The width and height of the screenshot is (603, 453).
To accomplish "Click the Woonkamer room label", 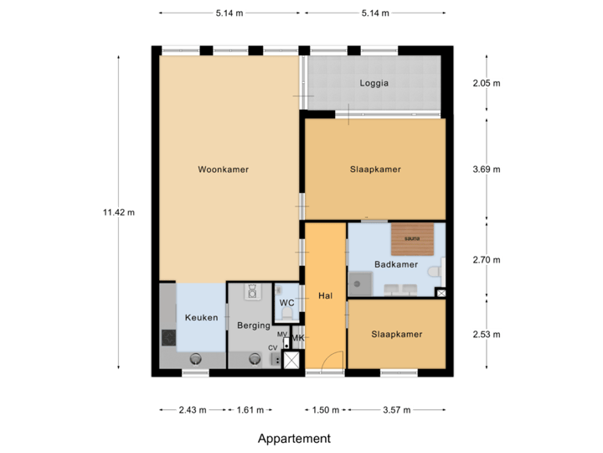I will click(223, 169).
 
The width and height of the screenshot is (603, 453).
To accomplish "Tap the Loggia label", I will click(374, 84).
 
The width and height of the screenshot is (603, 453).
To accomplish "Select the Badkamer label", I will click(395, 264).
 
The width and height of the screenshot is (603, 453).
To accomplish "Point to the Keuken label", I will click(201, 318).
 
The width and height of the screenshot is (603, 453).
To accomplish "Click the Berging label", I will click(253, 325).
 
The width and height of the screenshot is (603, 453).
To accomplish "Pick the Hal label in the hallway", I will click(326, 295).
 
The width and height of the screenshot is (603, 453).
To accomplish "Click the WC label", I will click(286, 302).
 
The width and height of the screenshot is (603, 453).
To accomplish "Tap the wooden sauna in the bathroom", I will click(412, 238).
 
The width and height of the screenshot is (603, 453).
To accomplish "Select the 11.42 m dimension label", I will click(118, 212).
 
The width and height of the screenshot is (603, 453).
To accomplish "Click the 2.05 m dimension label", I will click(487, 83).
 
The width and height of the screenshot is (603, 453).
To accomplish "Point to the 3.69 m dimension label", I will click(487, 169).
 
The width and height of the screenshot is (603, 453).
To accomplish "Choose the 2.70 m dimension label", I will click(487, 260).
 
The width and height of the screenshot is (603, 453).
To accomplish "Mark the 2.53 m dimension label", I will click(487, 335).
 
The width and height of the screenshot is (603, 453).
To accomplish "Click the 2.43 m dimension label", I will click(192, 410).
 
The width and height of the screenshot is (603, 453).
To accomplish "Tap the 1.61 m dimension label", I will click(250, 410).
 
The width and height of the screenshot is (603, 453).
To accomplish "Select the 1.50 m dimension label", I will click(326, 410).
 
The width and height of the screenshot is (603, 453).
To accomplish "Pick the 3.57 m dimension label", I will click(397, 410).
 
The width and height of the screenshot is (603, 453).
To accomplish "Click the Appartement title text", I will click(294, 439).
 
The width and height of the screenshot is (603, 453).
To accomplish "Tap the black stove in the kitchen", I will click(168, 337).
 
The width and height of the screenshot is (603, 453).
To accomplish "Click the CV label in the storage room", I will click(272, 347).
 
